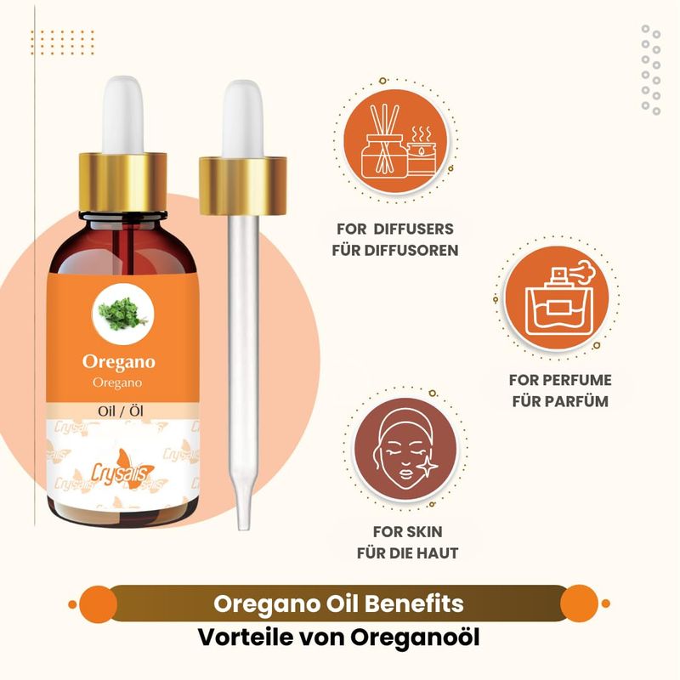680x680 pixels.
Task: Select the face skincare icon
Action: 405,449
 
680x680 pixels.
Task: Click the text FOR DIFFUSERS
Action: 395,229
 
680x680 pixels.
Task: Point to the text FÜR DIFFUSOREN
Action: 395,250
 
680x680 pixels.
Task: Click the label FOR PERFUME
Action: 560,380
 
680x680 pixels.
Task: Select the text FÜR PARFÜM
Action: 560,401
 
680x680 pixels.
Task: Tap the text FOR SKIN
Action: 408,532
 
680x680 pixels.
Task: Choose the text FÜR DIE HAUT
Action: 408,553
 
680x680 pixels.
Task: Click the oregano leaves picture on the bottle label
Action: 123,313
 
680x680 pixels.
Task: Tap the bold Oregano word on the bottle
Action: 119,362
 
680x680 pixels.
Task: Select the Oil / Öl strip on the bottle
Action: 121,411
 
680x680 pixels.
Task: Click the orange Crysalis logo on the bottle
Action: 122,469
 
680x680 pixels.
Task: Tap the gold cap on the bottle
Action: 122,182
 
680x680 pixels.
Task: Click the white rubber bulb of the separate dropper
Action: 243,119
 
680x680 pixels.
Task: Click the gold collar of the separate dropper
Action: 243,186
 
